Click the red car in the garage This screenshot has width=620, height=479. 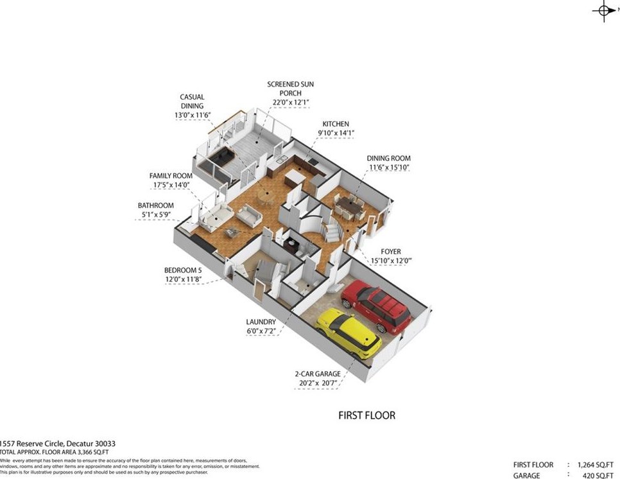point(376,307)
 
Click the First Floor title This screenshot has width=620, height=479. point(366,415)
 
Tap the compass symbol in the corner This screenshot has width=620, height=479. point(605,10)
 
